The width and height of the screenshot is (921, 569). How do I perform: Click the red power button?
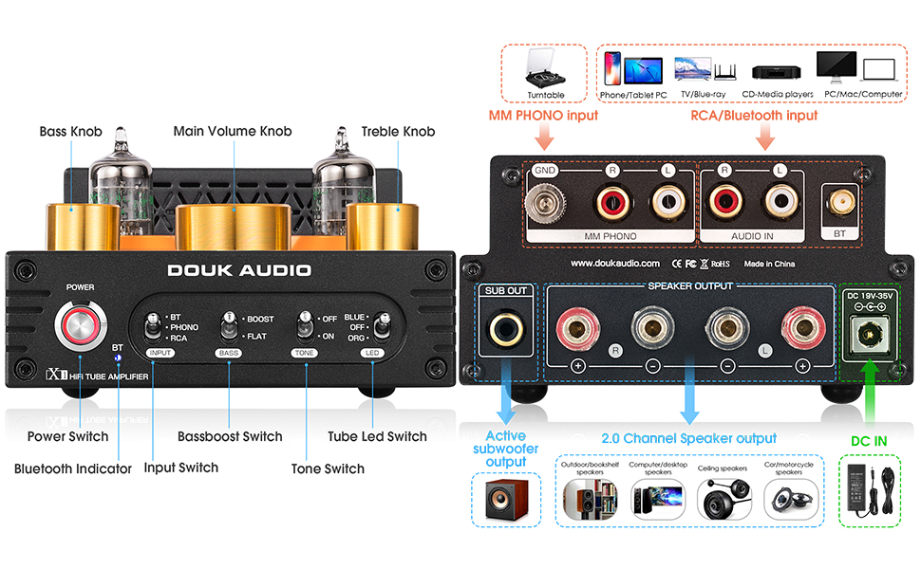[x=80, y=326]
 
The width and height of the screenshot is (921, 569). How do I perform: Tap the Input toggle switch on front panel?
[x=152, y=327]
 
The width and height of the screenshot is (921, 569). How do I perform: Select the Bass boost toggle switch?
[x=228, y=327]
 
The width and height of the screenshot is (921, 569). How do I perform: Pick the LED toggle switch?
[x=380, y=327]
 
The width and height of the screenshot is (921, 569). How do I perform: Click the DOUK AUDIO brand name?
[x=239, y=270]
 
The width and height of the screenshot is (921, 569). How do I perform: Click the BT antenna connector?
[x=839, y=201]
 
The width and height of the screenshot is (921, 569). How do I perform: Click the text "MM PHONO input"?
[x=543, y=116]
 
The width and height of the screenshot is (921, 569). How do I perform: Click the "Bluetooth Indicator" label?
[x=73, y=468]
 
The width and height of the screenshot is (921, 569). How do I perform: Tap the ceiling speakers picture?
[x=725, y=498]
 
